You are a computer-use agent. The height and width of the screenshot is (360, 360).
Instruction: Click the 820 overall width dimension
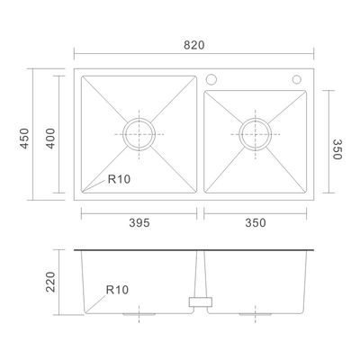point(193,45)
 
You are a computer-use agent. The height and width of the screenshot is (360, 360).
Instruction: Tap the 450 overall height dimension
point(24,139)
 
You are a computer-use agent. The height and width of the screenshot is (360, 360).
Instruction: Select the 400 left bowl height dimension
point(50,139)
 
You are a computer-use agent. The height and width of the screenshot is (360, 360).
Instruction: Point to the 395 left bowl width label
point(139,223)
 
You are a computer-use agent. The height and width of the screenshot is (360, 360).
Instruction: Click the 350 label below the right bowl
point(256,223)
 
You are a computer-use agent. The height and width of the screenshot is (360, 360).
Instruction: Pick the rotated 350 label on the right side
point(337,149)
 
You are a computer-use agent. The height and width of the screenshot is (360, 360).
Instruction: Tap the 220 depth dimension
point(50,282)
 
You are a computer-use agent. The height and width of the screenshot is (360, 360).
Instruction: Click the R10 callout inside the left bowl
point(119,179)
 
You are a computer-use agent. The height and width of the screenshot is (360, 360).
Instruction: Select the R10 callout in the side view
point(117,290)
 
